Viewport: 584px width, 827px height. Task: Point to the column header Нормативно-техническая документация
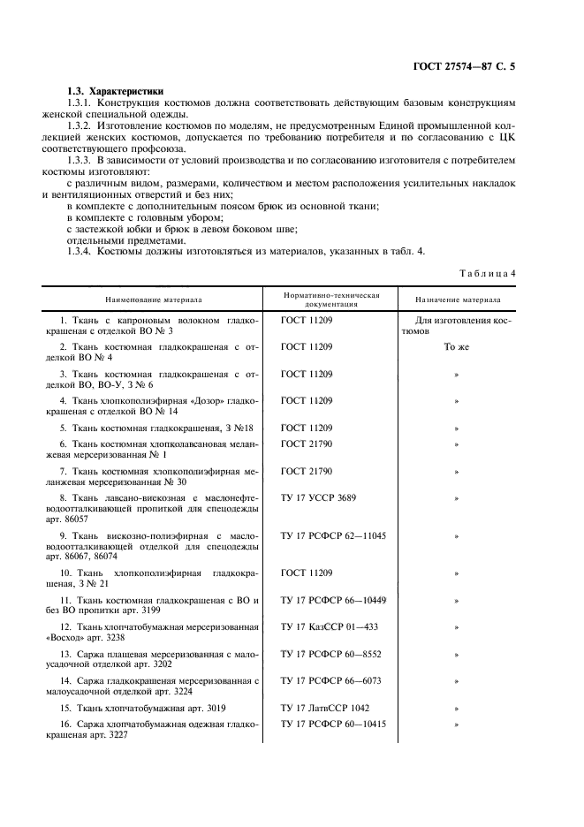[330, 299]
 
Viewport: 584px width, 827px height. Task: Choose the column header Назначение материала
[457, 299]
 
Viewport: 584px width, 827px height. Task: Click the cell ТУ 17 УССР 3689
[318, 498]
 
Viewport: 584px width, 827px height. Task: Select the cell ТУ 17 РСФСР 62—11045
[333, 535]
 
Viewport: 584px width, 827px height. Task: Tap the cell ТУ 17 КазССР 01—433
[329, 626]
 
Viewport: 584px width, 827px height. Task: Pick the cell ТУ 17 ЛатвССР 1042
[325, 708]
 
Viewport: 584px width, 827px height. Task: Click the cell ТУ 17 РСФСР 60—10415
[333, 725]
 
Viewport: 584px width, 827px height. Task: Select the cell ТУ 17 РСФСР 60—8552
[330, 654]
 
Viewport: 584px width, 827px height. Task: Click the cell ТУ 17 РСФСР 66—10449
[333, 600]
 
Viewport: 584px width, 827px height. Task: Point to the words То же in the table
[456, 347]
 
